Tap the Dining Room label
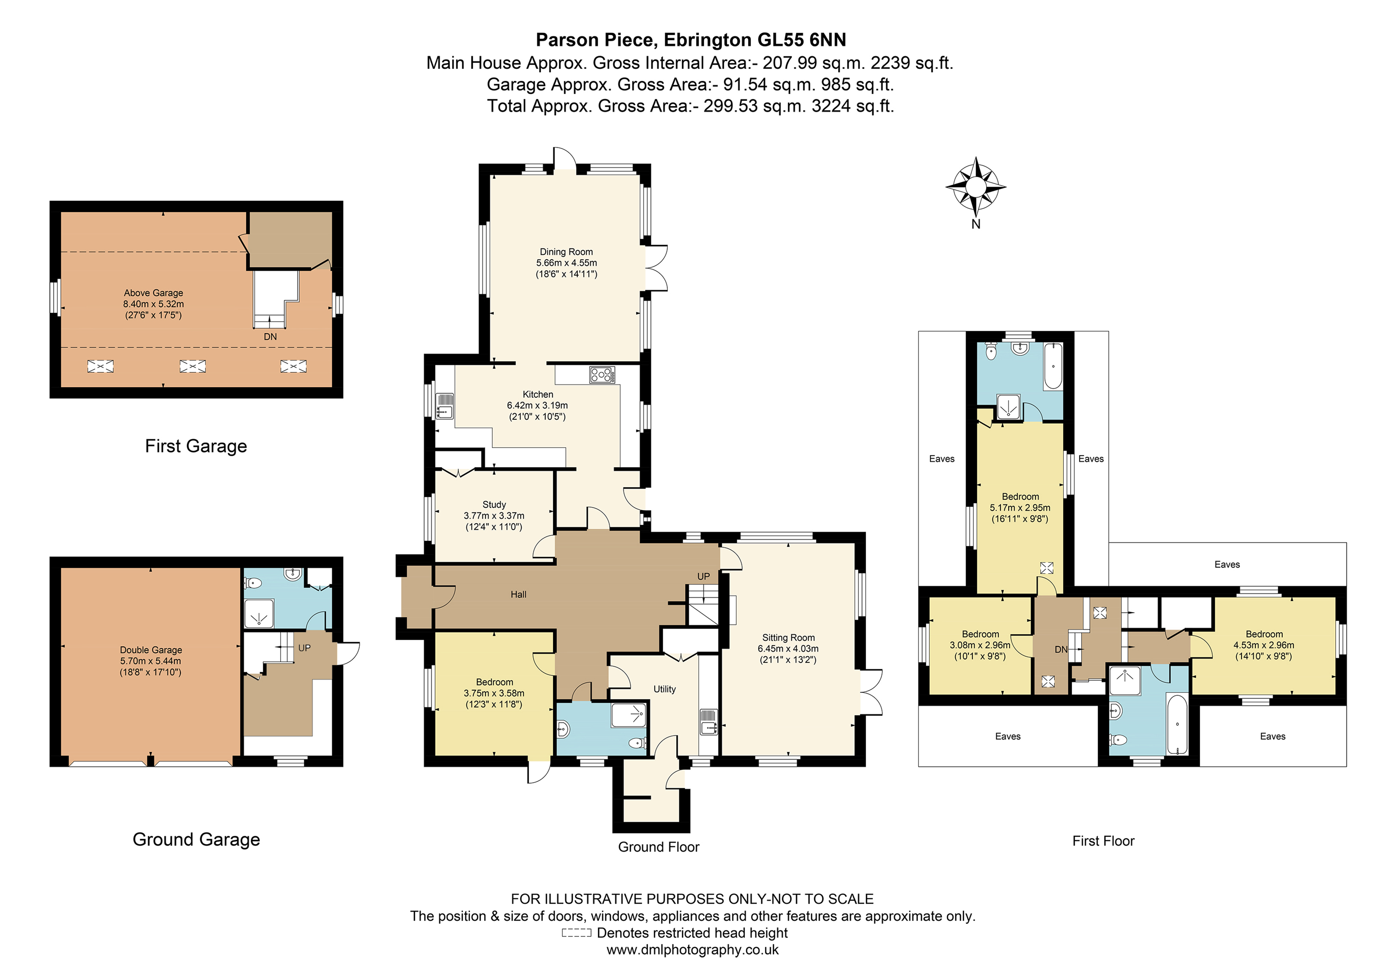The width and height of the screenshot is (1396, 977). (566, 252)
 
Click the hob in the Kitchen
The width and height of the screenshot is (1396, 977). (602, 375)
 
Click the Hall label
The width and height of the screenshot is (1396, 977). (518, 594)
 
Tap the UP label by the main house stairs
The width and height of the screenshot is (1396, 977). (703, 576)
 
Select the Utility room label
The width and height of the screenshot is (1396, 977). (665, 689)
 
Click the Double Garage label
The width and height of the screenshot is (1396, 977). (151, 650)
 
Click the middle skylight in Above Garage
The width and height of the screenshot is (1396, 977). (193, 366)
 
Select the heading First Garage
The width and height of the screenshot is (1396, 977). (196, 446)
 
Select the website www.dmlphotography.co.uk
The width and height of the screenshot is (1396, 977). (693, 950)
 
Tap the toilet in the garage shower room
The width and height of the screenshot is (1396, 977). (253, 583)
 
